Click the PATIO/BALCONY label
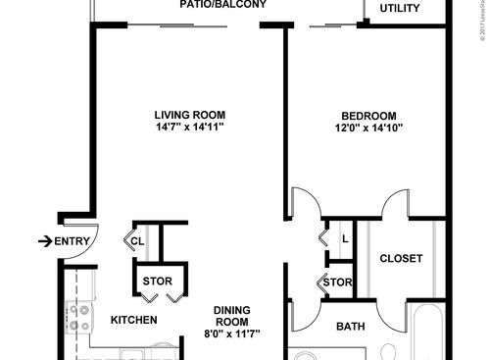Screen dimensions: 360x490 pyautogui.click(x=223, y=4)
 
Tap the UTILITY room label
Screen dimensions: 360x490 pyautogui.click(x=400, y=9)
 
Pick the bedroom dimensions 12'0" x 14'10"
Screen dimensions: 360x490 pyautogui.click(x=368, y=127)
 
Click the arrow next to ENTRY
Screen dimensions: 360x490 pyautogui.click(x=44, y=240)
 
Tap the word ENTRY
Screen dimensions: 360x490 pyautogui.click(x=73, y=241)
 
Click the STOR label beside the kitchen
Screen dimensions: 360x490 pyautogui.click(x=158, y=282)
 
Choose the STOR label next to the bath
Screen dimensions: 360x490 pyautogui.click(x=337, y=284)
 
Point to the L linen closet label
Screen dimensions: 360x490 pyautogui.click(x=344, y=238)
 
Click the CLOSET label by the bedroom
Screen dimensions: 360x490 pyautogui.click(x=401, y=259)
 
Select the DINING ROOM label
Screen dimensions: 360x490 pyautogui.click(x=232, y=316)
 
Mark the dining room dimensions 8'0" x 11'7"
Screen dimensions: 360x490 pyautogui.click(x=232, y=334)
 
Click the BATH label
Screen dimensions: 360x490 pyautogui.click(x=351, y=327)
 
